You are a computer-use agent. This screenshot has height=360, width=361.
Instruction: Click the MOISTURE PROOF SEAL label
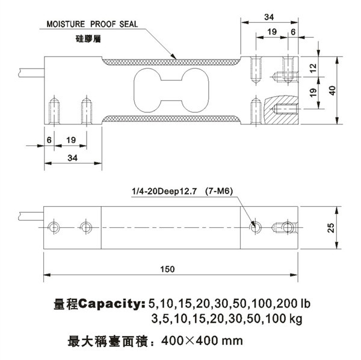(92, 24)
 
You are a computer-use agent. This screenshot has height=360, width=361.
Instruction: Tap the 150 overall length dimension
(167, 269)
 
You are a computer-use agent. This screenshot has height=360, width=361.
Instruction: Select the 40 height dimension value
(332, 90)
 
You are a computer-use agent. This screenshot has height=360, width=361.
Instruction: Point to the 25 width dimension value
(330, 228)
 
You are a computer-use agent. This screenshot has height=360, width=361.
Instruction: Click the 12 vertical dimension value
(313, 68)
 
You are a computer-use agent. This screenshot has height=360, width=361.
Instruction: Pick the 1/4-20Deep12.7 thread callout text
(164, 191)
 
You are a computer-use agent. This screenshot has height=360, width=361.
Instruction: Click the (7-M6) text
(219, 191)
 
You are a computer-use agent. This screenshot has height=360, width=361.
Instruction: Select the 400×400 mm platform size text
(202, 340)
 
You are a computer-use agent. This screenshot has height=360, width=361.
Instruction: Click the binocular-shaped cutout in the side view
(171, 90)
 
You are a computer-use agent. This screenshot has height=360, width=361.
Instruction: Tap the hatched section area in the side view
(282, 110)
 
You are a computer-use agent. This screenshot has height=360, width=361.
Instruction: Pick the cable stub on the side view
(31, 73)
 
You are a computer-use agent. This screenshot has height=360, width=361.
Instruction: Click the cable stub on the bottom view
(31, 216)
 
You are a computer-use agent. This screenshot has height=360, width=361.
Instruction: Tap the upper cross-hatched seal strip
(171, 62)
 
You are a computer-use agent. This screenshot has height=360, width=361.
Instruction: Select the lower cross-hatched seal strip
(171, 118)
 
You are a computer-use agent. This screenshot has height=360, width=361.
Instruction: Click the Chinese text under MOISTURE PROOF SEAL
(88, 39)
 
